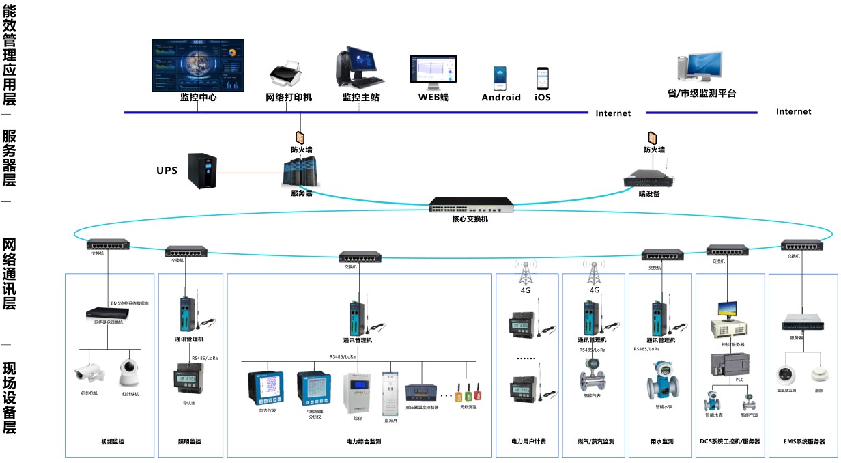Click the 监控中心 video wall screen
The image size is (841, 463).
click(x=198, y=65)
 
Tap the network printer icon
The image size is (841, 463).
click(x=287, y=72)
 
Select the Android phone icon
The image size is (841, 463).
click(x=500, y=78)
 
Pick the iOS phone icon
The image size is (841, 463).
click(x=543, y=79)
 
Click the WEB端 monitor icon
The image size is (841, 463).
click(x=433, y=71)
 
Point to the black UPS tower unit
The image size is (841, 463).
click(x=203, y=171)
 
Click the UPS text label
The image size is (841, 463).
click(x=167, y=170)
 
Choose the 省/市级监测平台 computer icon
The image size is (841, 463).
click(x=699, y=67)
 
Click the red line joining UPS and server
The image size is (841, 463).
click(x=249, y=173)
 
